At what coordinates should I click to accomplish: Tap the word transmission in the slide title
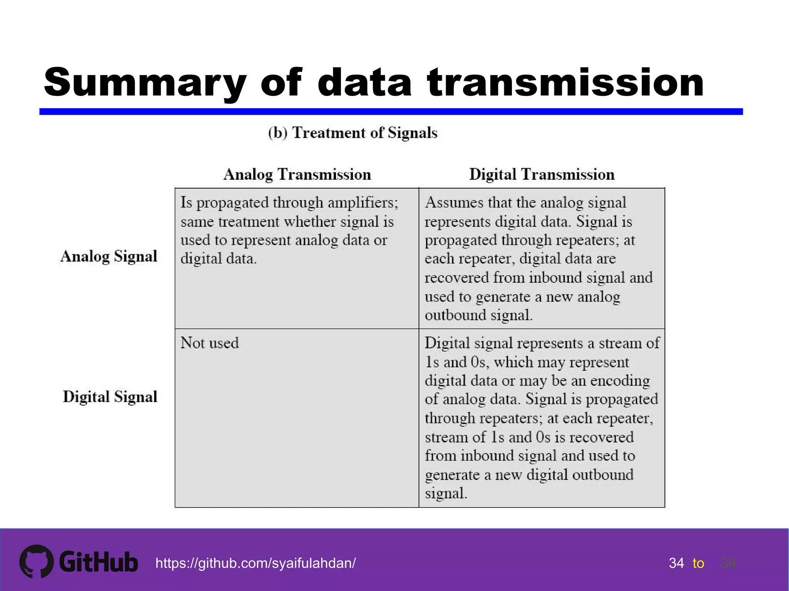click(x=565, y=83)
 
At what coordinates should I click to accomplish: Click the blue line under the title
click(x=391, y=112)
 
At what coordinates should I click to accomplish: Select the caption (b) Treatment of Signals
click(x=353, y=133)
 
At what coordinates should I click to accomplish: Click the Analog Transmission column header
click(x=297, y=174)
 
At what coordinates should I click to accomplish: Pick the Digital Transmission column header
click(x=541, y=174)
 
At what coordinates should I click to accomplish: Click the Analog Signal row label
click(x=109, y=256)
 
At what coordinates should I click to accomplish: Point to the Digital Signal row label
click(x=110, y=397)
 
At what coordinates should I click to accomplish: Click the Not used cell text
click(x=210, y=343)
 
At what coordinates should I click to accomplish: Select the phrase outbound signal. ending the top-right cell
click(x=478, y=315)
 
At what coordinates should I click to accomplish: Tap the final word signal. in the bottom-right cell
click(x=446, y=493)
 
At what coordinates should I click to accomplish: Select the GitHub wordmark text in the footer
click(x=99, y=562)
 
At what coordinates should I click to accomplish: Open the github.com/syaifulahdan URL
click(x=255, y=563)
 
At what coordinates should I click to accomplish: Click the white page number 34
click(x=676, y=563)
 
